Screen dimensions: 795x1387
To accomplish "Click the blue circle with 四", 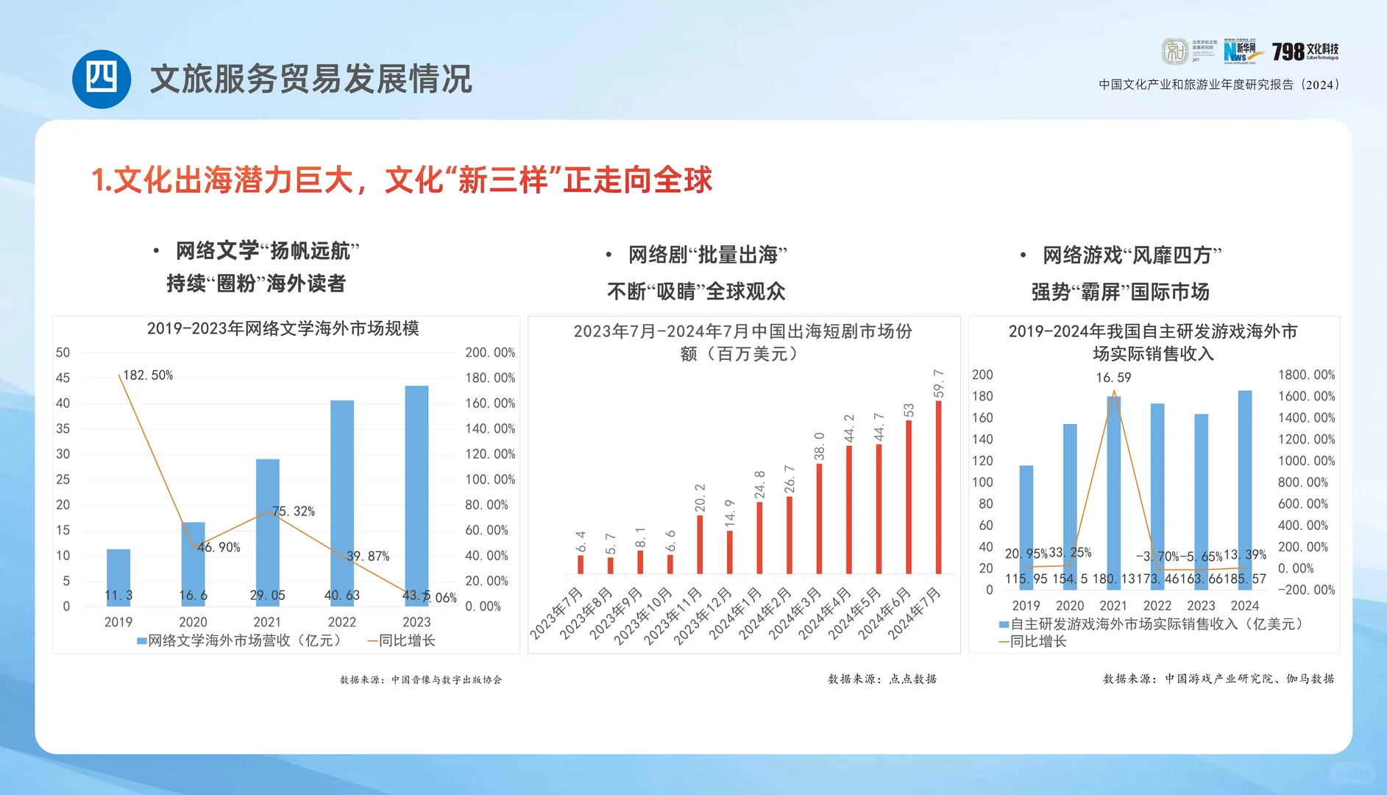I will [102, 79].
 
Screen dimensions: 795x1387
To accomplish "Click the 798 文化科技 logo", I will [1305, 51].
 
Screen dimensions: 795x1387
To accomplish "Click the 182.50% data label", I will [148, 375].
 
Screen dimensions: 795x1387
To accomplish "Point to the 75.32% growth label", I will [294, 511].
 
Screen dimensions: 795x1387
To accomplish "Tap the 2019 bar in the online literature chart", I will [118, 577].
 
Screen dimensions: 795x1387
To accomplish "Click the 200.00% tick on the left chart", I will [490, 353].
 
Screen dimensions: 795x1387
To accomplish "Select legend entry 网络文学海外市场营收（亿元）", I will [239, 640].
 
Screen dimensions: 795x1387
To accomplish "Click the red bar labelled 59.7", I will [938, 486].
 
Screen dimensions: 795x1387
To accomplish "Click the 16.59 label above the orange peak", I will [1113, 378].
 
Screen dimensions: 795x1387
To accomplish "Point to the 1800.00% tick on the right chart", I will [1306, 375].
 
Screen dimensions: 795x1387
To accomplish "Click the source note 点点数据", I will [881, 679].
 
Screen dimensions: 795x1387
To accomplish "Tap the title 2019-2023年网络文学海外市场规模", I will [283, 328].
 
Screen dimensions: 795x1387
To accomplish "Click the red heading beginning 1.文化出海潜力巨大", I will [402, 180].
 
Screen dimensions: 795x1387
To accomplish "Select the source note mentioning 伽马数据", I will [1218, 679].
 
